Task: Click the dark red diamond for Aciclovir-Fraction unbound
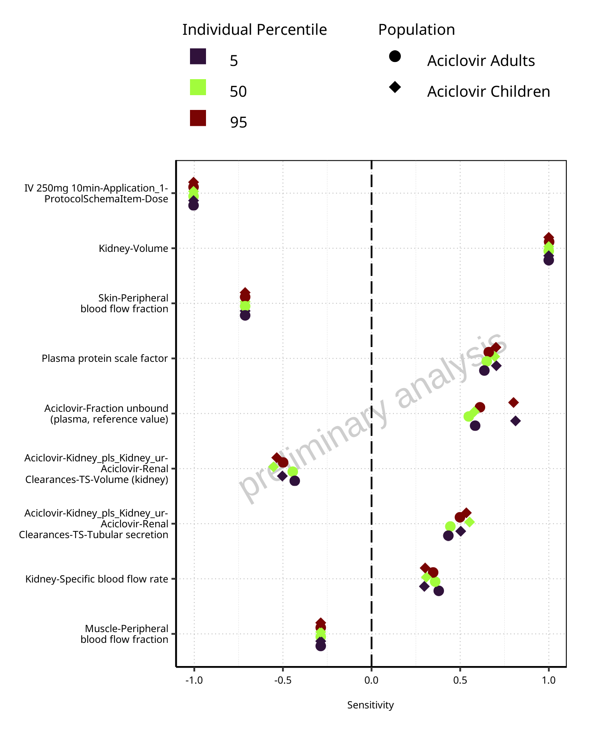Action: [514, 402]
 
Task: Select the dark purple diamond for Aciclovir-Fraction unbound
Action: [516, 421]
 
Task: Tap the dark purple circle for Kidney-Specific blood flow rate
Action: [439, 591]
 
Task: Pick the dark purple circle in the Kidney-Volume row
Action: [549, 260]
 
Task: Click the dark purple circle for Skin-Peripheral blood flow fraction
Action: [245, 315]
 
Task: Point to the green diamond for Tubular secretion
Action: [470, 522]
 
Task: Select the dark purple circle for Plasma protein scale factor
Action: [484, 371]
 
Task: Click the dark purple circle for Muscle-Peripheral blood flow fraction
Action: [321, 646]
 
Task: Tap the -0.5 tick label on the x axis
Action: [283, 680]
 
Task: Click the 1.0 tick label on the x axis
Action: [549, 680]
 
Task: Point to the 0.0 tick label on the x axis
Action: [372, 680]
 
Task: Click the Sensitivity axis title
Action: [370, 705]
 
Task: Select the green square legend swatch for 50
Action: [198, 87]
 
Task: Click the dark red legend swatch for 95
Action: [198, 118]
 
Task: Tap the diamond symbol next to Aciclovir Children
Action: [395, 87]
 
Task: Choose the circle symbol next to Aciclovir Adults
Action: [395, 56]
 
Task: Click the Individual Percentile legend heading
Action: [255, 30]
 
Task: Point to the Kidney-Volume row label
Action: [134, 249]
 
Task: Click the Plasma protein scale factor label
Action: [105, 359]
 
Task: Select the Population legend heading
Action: [417, 30]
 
